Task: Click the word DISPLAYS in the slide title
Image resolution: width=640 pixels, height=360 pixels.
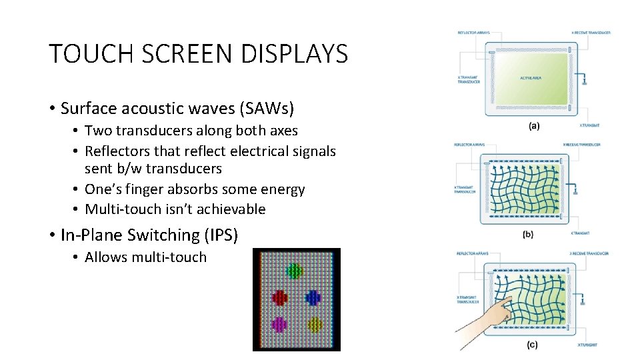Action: point(295,54)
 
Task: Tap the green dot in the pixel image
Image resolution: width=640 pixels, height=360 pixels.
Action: point(294,271)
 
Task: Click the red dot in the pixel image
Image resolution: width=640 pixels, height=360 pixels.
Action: point(279,297)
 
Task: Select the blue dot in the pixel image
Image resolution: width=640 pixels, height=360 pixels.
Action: point(313,297)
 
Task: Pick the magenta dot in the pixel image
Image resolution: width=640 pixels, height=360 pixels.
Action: point(279,324)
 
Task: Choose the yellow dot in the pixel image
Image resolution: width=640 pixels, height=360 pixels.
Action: point(315,324)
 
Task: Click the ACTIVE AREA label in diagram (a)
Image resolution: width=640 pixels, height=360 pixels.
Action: point(531,78)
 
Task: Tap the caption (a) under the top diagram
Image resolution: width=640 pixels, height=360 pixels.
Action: point(534,125)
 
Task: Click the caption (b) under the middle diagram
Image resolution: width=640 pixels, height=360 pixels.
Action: point(528,234)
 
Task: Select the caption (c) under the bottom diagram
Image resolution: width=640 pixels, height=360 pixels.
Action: point(531,345)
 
